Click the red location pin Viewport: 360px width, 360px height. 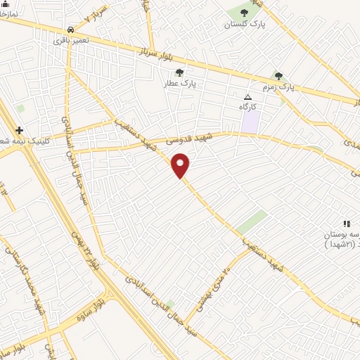pos(181,165)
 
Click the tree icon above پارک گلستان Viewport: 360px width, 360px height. pos(244,13)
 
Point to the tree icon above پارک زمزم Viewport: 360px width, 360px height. pos(278,76)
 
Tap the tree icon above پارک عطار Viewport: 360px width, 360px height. pos(179,72)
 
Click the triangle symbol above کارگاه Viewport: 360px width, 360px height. pos(247,96)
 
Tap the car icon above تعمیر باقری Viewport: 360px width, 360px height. pos(71,30)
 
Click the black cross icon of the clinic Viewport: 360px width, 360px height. pos(19,130)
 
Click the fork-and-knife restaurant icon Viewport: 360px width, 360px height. pos(347,223)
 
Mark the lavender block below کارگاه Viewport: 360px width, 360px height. pos(250,122)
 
